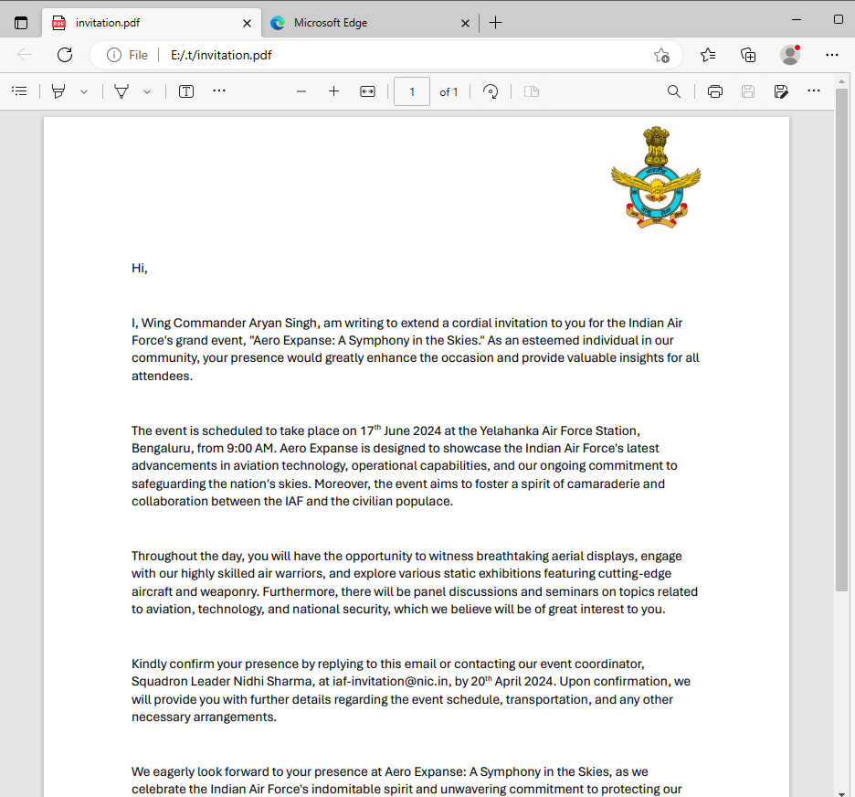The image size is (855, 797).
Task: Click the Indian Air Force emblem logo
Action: [655, 176]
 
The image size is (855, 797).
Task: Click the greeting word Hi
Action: [139, 268]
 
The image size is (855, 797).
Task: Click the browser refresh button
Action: [65, 55]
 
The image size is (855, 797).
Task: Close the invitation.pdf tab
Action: [247, 23]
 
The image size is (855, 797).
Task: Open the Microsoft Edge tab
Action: [331, 23]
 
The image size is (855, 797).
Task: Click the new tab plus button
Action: [495, 23]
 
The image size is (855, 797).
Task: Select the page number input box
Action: [412, 91]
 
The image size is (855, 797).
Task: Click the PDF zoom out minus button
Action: [301, 91]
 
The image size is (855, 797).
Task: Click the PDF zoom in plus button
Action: [334, 91]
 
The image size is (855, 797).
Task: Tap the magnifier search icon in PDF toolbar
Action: [674, 91]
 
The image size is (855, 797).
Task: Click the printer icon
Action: [715, 91]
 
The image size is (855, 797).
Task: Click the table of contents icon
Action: [19, 91]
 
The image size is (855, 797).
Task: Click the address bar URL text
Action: [221, 55]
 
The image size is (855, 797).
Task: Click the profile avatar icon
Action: [790, 55]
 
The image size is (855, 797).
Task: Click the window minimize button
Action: [797, 19]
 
